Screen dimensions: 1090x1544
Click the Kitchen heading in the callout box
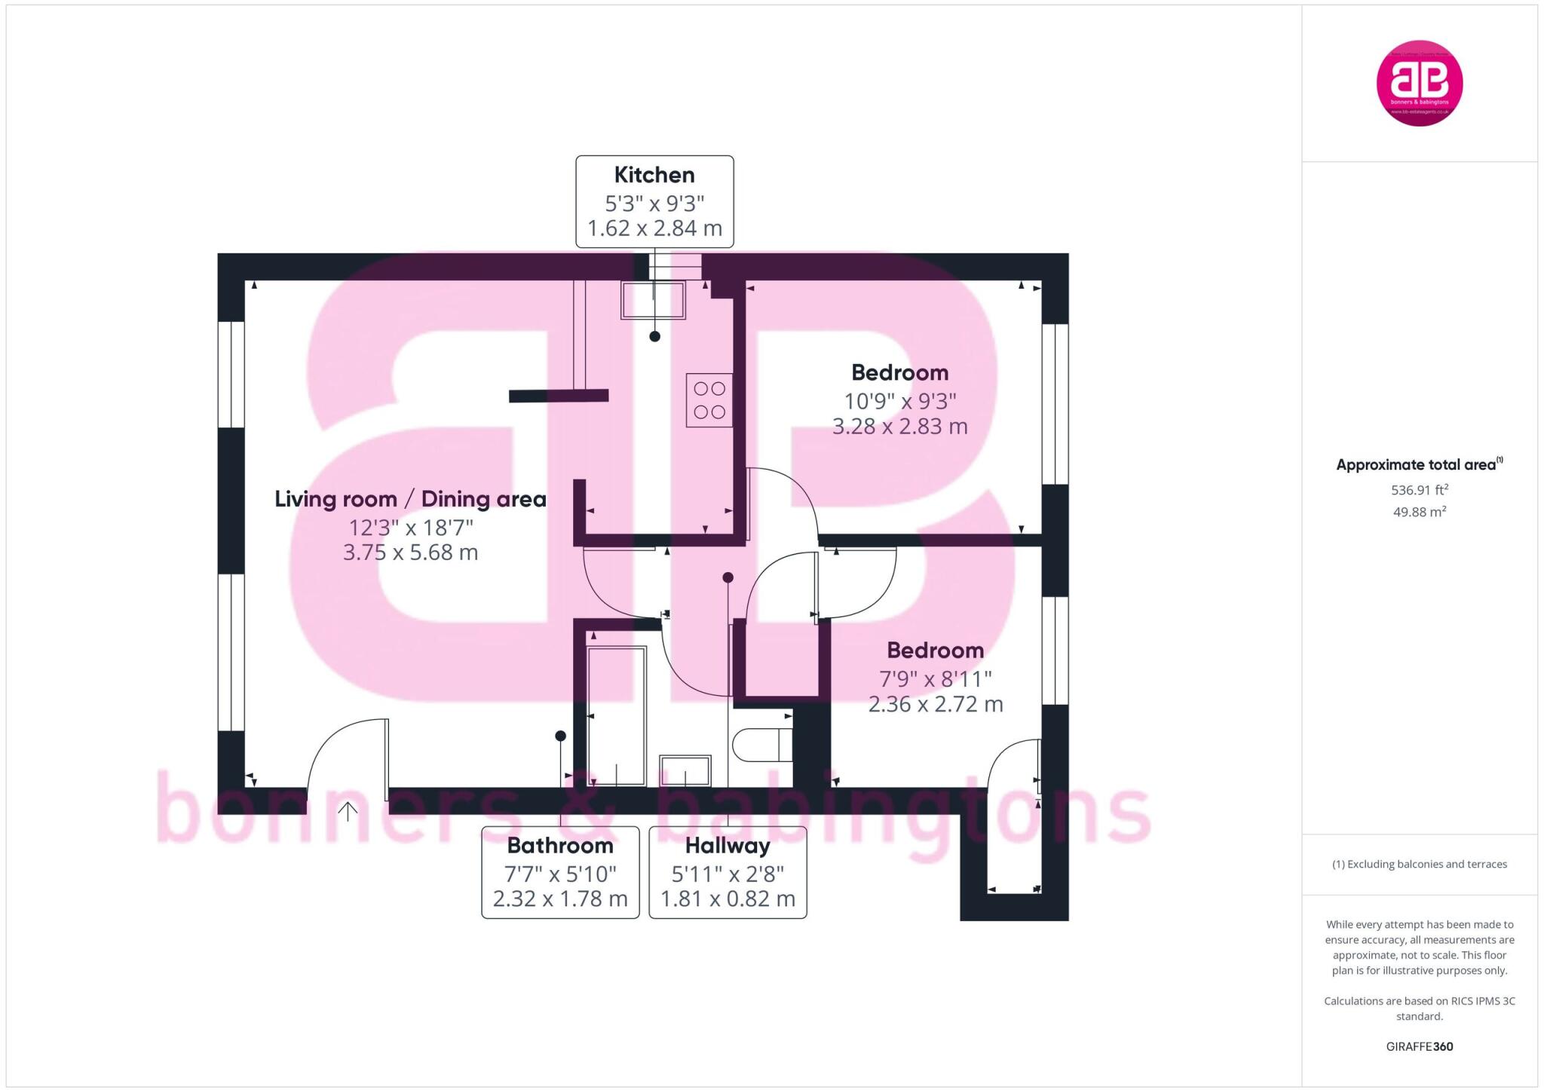654,175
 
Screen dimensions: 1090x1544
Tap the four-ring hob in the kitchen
709,400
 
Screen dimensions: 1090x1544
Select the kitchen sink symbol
653,300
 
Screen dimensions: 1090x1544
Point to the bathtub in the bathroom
616,716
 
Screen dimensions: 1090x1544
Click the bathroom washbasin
685,771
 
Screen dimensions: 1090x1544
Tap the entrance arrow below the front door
348,812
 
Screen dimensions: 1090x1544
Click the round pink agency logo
1420,83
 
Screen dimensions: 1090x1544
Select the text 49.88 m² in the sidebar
1419,512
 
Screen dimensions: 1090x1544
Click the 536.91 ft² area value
1419,490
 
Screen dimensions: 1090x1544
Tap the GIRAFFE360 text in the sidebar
1419,1046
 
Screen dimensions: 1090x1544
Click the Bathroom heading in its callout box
560,846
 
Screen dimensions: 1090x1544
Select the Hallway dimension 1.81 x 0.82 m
728,899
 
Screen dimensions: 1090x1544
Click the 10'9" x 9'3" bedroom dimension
899,401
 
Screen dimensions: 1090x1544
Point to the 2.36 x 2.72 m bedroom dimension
935,704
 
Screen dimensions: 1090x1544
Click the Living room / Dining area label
410,499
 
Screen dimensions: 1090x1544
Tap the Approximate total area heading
1415,465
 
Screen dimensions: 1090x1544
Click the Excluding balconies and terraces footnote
1419,865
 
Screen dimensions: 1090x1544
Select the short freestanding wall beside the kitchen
558,396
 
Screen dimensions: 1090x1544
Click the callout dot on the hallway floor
728,578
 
